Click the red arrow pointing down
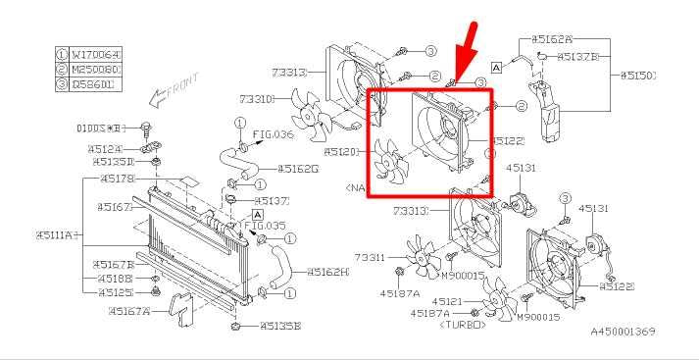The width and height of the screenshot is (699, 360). pos(470,44)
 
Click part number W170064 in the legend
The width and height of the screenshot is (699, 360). pos(95,55)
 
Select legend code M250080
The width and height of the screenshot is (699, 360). pos(95,70)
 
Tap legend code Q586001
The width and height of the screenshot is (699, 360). pos(95,84)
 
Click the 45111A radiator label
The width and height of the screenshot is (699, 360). pos(56,235)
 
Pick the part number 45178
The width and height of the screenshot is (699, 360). pos(117,179)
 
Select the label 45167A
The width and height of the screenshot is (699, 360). pos(129,311)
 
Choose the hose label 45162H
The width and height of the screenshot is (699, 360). pos(327,272)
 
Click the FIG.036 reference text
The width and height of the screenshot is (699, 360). pos(274,133)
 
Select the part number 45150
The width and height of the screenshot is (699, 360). pos(637,75)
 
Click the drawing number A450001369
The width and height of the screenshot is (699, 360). pos(622,333)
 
